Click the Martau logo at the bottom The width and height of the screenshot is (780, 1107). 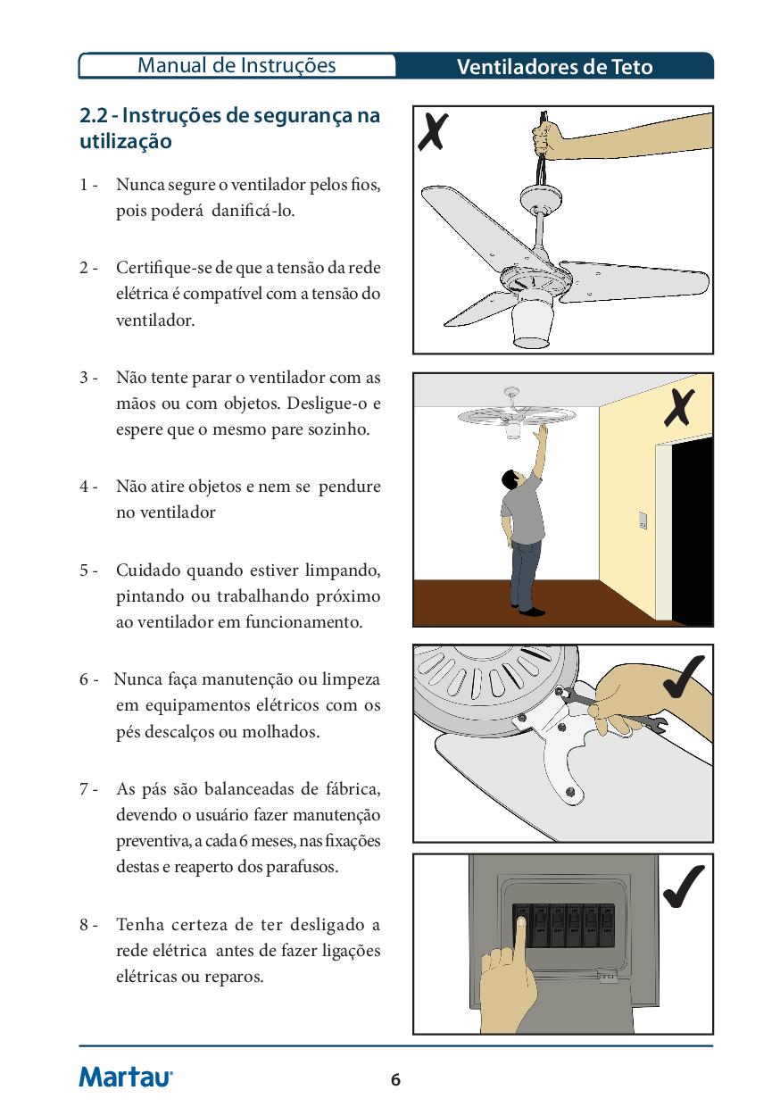(x=126, y=1076)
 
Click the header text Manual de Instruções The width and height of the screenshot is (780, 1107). (x=236, y=66)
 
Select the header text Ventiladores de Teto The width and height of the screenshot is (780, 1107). (x=554, y=67)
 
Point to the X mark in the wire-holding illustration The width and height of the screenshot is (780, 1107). (x=433, y=131)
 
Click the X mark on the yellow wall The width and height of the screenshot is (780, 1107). (x=679, y=407)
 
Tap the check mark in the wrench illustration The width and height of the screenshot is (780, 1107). (x=684, y=677)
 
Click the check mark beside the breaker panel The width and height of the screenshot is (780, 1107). (x=684, y=886)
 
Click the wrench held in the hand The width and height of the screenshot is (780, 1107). (x=612, y=708)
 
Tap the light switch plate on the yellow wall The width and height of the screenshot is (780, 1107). (x=643, y=520)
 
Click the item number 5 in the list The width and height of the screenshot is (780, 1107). (x=85, y=570)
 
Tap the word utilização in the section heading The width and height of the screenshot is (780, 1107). (x=126, y=142)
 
